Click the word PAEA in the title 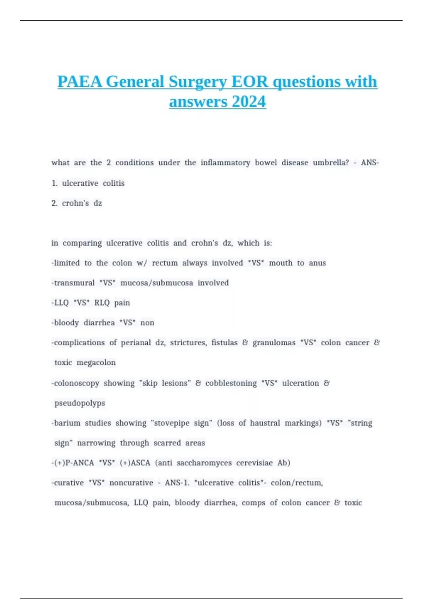[80, 82]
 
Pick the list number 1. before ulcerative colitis [54, 183]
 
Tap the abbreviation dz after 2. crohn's [98, 203]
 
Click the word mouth [281, 263]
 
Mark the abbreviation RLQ [102, 303]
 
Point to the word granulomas [274, 343]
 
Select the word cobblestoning [231, 383]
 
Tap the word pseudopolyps [80, 403]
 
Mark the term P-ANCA [80, 463]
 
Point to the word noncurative [131, 483]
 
